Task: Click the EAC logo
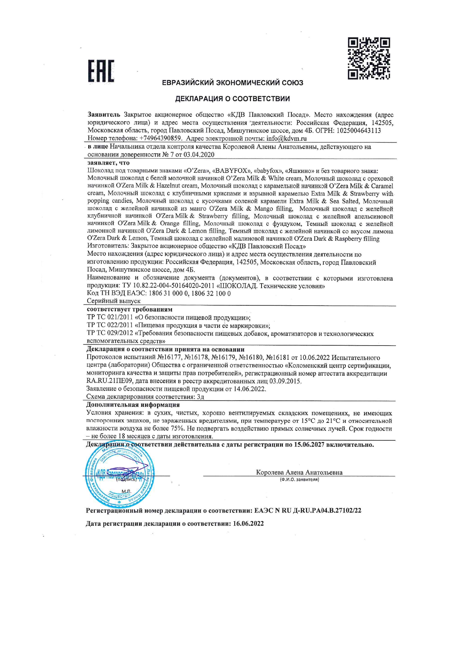coord(101,71)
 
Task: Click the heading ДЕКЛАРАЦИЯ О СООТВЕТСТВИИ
coord(232,99)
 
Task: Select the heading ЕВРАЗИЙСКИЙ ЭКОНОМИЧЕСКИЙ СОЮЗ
coord(232,83)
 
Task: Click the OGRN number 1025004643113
coord(359,130)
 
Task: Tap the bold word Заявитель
coord(104,115)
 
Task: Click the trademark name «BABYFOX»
coord(232,171)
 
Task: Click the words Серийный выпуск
coord(114,301)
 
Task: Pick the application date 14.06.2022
coord(250,389)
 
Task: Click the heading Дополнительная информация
coord(133,405)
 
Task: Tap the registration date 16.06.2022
coord(248,523)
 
